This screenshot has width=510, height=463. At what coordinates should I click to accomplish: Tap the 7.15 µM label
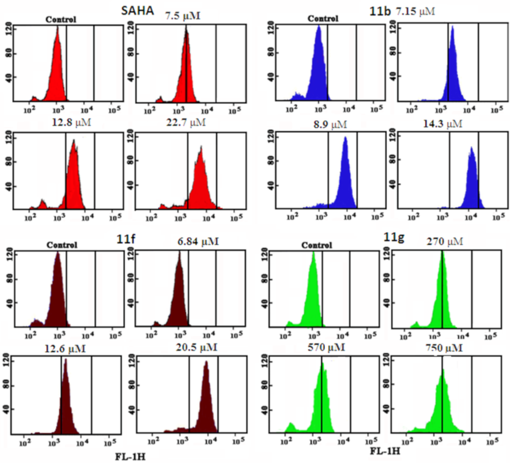coord(415,11)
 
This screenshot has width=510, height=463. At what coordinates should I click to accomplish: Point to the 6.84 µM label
coord(198,242)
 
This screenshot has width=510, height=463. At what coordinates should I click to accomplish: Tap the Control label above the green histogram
coord(317,245)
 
